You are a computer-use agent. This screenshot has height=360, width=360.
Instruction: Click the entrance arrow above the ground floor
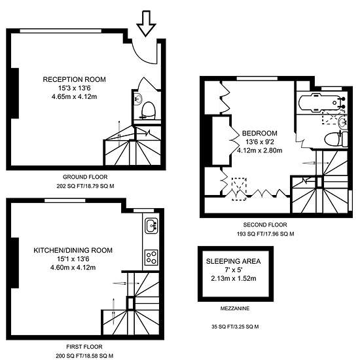click(x=146, y=23)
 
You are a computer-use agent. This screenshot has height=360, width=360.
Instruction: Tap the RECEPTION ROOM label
click(x=75, y=79)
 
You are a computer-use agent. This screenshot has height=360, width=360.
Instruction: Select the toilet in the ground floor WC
click(x=149, y=111)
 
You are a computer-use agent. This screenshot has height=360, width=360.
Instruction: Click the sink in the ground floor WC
click(x=139, y=99)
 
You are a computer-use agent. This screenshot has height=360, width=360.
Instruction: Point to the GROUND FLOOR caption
click(x=85, y=177)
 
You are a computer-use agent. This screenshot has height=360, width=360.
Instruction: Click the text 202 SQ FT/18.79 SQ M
click(x=85, y=186)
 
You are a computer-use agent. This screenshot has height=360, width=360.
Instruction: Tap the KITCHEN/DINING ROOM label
click(x=73, y=250)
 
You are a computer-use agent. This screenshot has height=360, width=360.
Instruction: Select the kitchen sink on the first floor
click(x=151, y=226)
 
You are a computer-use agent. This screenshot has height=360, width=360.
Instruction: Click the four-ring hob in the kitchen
click(x=152, y=258)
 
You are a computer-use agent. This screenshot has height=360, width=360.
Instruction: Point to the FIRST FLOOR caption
click(x=84, y=347)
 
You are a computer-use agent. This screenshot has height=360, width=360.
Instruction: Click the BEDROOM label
click(x=260, y=134)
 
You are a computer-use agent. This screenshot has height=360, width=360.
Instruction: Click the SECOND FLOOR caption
click(x=265, y=225)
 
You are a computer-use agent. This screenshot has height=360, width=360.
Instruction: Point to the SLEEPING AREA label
click(x=233, y=261)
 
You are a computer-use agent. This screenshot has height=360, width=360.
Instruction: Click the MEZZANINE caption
click(x=235, y=308)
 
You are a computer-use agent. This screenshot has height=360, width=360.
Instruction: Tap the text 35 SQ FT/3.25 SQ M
click(x=235, y=327)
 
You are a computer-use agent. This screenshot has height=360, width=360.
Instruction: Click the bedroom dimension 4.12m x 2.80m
click(x=260, y=151)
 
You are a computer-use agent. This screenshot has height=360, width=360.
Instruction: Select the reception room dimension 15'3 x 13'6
click(x=75, y=88)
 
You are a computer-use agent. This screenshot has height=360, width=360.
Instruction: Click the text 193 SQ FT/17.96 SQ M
click(x=265, y=234)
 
